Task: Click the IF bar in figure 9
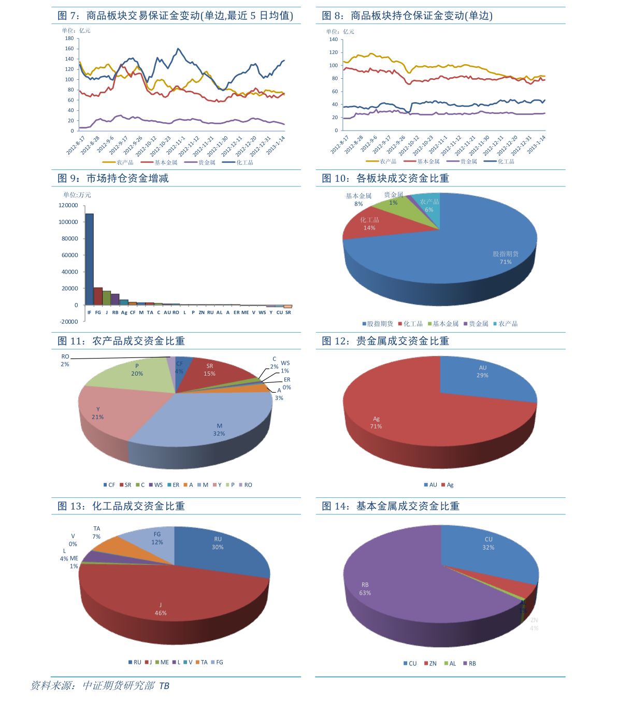click(89, 259)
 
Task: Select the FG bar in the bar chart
click(98, 296)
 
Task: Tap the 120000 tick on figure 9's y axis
click(68, 206)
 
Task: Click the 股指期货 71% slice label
click(506, 258)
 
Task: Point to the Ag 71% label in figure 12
click(376, 423)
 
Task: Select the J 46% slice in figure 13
click(161, 609)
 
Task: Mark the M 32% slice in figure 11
click(219, 430)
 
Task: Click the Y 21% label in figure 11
click(98, 413)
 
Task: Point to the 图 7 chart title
click(175, 16)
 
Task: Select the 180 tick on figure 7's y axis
click(69, 38)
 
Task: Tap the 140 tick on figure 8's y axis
click(333, 39)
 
